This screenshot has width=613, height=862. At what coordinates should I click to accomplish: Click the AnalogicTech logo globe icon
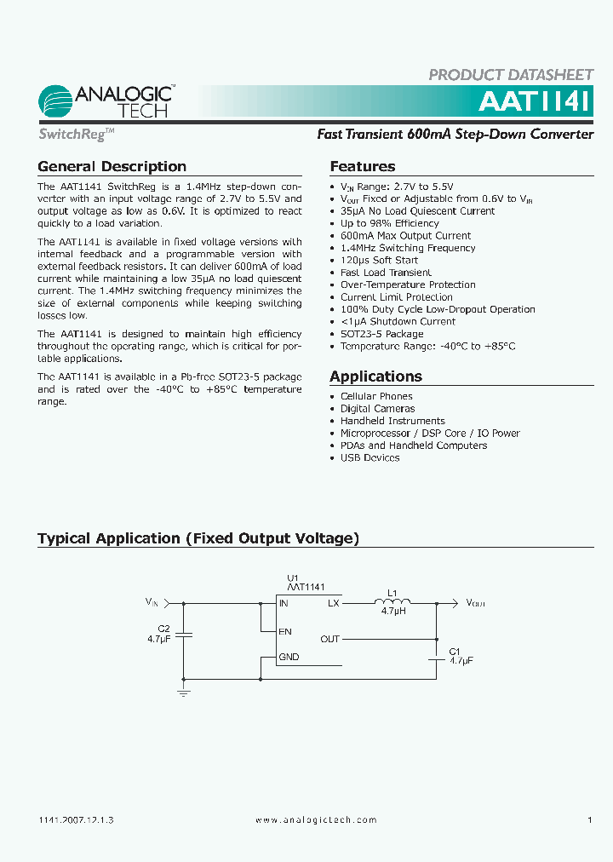[55, 102]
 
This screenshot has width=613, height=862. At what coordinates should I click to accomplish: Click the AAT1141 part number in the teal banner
[533, 101]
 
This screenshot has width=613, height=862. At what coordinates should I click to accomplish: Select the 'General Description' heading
[112, 167]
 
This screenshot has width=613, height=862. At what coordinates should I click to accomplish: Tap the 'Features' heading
[362, 167]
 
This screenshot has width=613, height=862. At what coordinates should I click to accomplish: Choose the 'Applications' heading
[375, 376]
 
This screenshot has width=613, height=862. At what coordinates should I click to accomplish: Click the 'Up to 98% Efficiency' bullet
[389, 223]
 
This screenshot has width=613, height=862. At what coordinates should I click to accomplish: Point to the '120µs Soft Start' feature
[379, 260]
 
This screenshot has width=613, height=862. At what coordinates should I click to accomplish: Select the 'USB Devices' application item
[370, 457]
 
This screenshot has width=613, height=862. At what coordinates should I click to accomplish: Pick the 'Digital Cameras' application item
[377, 409]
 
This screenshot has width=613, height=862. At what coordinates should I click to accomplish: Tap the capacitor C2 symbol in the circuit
[188, 635]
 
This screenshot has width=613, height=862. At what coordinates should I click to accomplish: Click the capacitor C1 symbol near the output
[437, 657]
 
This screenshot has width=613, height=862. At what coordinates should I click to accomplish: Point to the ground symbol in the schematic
[183, 693]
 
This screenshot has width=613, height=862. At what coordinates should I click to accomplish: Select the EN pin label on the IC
[285, 631]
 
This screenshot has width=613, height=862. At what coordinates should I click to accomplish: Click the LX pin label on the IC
[333, 603]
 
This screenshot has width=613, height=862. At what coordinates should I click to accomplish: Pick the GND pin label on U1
[289, 657]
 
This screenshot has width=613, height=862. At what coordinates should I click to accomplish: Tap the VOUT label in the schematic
[475, 603]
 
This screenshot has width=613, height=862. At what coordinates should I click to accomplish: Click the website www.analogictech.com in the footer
[316, 819]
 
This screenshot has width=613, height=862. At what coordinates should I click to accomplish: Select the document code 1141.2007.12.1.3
[77, 819]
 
